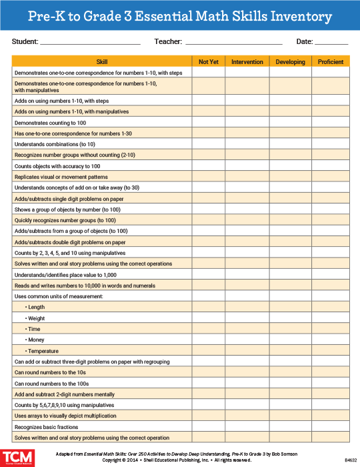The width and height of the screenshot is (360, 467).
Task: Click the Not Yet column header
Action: pyautogui.click(x=209, y=62)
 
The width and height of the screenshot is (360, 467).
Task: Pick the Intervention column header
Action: pyautogui.click(x=247, y=62)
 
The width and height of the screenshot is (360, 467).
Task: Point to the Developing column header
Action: pyautogui.click(x=291, y=62)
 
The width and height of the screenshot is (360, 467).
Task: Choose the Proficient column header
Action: pyautogui.click(x=331, y=62)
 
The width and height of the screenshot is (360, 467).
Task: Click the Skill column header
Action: pyautogui.click(x=102, y=62)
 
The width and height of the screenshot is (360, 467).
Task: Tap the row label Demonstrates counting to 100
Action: pyautogui.click(x=50, y=123)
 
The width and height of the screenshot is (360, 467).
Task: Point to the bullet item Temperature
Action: pyautogui.click(x=41, y=351)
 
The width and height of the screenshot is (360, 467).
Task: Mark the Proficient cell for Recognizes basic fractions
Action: pyautogui.click(x=331, y=427)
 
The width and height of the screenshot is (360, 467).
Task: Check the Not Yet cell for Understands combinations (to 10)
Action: pyautogui.click(x=209, y=144)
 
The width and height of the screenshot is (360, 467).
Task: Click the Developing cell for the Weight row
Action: pyautogui.click(x=291, y=318)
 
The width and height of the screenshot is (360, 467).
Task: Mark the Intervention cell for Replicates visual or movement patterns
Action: pyautogui.click(x=247, y=177)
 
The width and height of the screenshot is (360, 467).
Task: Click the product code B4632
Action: pyautogui.click(x=351, y=460)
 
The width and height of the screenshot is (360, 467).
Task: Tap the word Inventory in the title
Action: pyautogui.click(x=297, y=16)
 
